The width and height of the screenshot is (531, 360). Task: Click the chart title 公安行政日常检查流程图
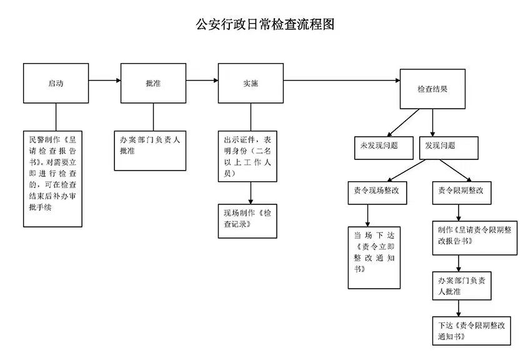click(265, 24)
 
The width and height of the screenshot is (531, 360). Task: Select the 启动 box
click(56, 83)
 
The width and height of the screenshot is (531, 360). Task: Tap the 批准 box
click(153, 83)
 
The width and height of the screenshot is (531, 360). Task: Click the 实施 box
click(251, 83)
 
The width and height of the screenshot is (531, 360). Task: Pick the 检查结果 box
click(432, 89)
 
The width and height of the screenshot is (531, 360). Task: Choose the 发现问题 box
click(449, 146)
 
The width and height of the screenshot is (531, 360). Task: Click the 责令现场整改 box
click(377, 192)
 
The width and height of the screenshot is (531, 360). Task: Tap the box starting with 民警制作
click(52, 179)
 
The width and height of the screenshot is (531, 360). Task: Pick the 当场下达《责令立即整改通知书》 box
click(374, 257)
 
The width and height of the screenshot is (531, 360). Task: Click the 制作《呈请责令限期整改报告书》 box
click(474, 237)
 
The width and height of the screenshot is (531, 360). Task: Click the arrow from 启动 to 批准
click(105, 80)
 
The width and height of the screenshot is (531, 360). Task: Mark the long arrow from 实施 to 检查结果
click(341, 80)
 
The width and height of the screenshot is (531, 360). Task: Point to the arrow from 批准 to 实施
click(202, 80)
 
